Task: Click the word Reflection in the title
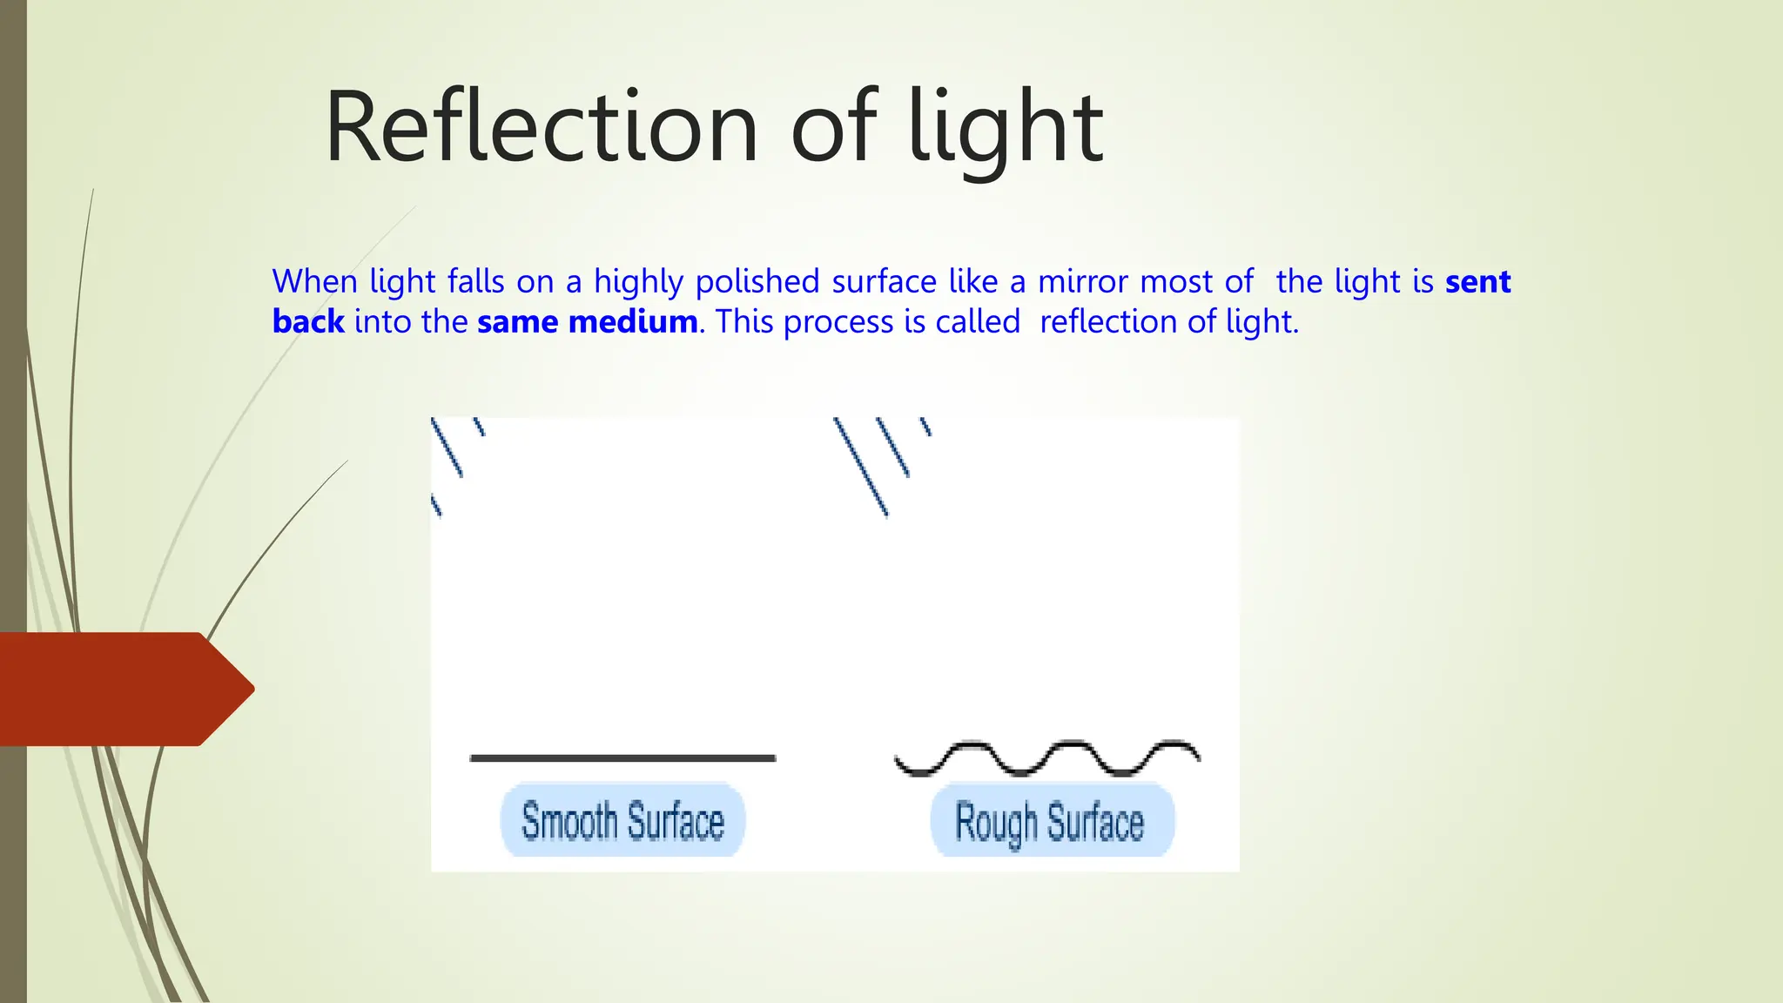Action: pos(541,129)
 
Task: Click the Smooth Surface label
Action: pos(622,820)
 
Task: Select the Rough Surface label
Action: pos(1051,821)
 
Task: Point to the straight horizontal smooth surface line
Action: pos(622,758)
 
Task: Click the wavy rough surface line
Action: pos(1047,757)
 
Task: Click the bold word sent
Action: pos(1477,282)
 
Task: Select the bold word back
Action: pos(308,322)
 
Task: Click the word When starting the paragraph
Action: pos(314,282)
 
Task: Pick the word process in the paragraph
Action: pos(838,322)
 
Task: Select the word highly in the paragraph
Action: pos(639,282)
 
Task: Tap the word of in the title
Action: pos(833,129)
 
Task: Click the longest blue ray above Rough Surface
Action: pos(860,467)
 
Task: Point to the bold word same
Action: pos(518,322)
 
